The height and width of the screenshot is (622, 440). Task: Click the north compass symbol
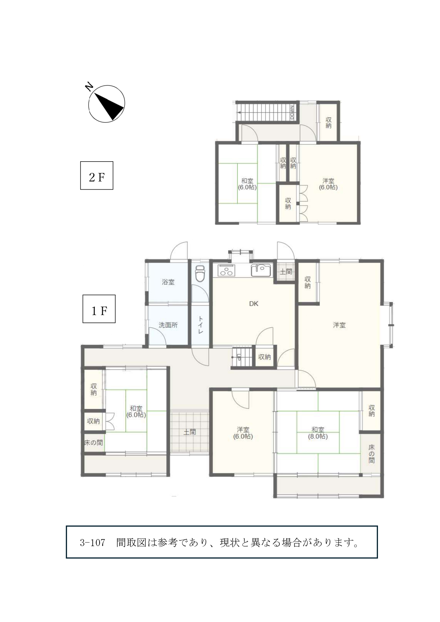[106, 103]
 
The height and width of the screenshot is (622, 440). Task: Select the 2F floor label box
[96, 175]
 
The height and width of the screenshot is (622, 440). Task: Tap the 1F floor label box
[99, 309]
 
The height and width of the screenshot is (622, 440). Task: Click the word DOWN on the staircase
[292, 112]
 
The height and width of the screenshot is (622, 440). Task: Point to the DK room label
[254, 304]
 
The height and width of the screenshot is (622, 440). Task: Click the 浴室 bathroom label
[168, 282]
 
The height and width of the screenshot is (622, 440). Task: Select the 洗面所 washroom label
[168, 325]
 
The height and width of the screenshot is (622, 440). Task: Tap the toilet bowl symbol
[200, 273]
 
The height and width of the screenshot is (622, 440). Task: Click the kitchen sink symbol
[261, 270]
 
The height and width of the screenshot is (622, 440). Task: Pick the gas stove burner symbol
[226, 270]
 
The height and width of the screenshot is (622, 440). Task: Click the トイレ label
[200, 325]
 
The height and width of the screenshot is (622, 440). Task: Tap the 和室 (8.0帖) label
[318, 433]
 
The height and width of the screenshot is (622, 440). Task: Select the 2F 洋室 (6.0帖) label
[328, 184]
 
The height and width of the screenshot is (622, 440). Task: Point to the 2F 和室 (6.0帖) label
[247, 184]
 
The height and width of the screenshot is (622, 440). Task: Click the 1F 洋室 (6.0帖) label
[243, 433]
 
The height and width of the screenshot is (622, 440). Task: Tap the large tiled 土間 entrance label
[190, 432]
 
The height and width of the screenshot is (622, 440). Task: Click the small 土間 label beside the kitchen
[286, 271]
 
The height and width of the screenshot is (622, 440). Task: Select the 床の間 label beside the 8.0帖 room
[371, 454]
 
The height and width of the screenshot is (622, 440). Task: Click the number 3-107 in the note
[93, 542]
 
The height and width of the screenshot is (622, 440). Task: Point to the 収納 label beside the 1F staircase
[264, 357]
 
